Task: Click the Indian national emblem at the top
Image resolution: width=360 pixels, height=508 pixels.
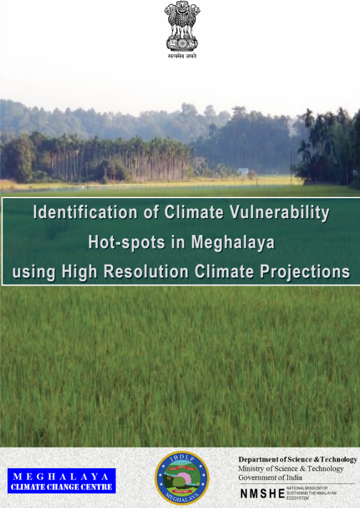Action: pos(182,27)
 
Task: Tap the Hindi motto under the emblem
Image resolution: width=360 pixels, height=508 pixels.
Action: pos(182,56)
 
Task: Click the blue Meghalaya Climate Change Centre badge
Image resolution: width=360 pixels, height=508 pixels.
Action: pos(60,480)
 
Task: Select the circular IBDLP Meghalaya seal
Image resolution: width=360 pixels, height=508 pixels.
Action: pos(182,478)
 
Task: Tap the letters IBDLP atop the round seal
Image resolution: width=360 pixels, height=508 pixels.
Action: pos(182,458)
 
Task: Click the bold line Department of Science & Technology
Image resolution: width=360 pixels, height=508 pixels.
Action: pos(298,459)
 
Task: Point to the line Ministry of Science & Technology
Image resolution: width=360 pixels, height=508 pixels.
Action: pos(291,469)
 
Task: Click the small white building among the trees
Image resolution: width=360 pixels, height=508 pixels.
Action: pos(243,171)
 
